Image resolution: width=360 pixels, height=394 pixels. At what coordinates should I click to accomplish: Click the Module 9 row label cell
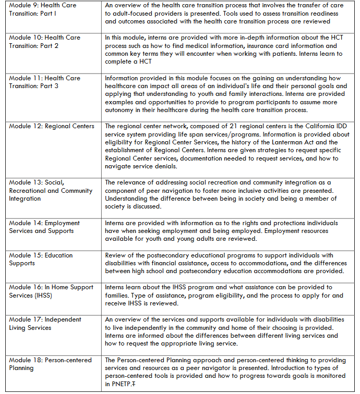point(42,9)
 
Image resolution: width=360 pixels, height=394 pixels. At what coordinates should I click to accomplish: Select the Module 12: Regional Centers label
point(52,126)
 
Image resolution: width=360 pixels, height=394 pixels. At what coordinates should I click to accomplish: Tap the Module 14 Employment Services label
point(41,227)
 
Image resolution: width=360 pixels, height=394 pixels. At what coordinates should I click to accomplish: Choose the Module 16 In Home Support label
point(51,291)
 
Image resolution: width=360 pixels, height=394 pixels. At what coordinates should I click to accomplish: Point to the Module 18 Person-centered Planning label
point(50,364)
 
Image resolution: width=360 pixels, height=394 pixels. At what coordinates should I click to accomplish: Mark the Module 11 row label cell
point(45,82)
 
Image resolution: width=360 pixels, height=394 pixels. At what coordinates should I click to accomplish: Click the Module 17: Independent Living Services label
point(45,324)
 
